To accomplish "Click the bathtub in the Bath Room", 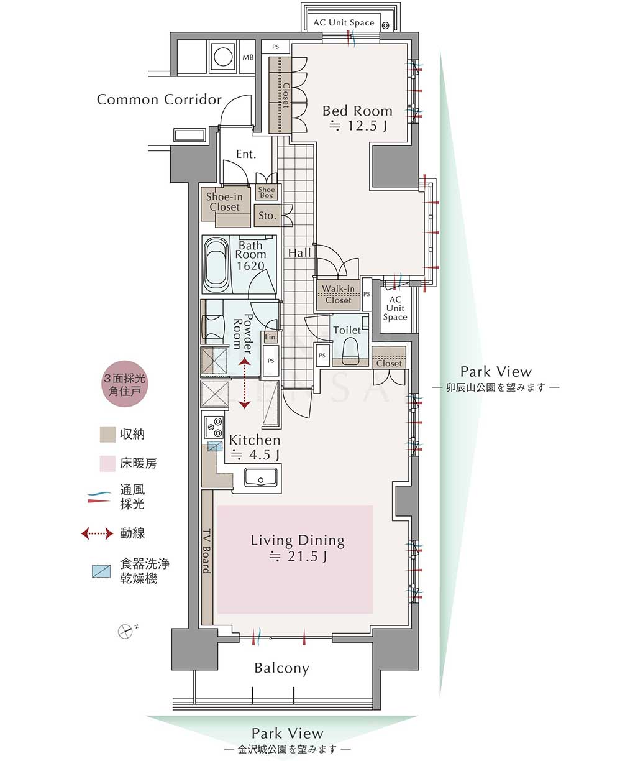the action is pyautogui.click(x=216, y=265).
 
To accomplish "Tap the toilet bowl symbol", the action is pyautogui.click(x=350, y=351).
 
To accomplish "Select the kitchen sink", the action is pyautogui.click(x=260, y=477).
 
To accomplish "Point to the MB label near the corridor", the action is pyautogui.click(x=248, y=57).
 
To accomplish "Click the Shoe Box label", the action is pyautogui.click(x=267, y=192).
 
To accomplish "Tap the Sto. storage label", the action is pyautogui.click(x=267, y=216).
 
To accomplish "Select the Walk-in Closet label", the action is pyautogui.click(x=339, y=294).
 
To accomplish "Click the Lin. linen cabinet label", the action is pyautogui.click(x=271, y=337).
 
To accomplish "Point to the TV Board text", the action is pyautogui.click(x=207, y=551).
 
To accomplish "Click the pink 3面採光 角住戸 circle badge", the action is pyautogui.click(x=125, y=384).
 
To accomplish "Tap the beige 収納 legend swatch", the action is pyautogui.click(x=107, y=435).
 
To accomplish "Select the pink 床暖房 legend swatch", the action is pyautogui.click(x=107, y=464).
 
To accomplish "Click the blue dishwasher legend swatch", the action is pyautogui.click(x=101, y=571).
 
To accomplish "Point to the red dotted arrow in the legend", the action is pyautogui.click(x=97, y=533).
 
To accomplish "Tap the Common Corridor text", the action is pyautogui.click(x=159, y=99).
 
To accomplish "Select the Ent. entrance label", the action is pyautogui.click(x=246, y=154).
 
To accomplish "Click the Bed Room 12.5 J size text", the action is pyautogui.click(x=358, y=126).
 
